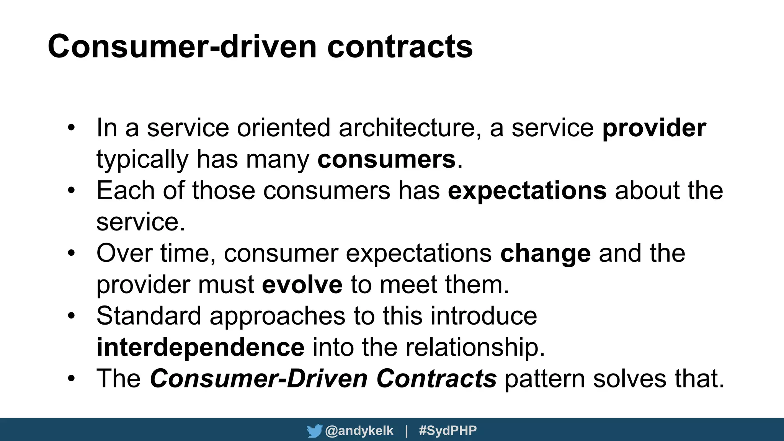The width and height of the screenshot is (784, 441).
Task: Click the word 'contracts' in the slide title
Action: pos(400,47)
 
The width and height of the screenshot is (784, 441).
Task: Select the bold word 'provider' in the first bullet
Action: pos(654,128)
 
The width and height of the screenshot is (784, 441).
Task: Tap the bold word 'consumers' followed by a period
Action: pos(386,159)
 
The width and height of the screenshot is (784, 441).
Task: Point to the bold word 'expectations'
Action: pos(527,191)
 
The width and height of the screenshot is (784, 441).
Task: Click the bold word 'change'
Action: pos(545,253)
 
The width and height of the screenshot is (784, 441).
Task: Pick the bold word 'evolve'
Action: pos(302,285)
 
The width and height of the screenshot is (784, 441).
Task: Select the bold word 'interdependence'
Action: pos(200,347)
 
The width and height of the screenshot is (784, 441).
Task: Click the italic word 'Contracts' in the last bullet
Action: pos(436,379)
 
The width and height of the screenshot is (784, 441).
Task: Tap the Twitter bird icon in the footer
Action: pos(314,431)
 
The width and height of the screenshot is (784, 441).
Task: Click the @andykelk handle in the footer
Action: pos(359,431)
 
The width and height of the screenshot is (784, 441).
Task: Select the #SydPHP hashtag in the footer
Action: pos(448,431)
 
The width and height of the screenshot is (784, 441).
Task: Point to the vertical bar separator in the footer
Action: pos(406,431)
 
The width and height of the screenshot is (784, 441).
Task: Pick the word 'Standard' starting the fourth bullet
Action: pos(149,316)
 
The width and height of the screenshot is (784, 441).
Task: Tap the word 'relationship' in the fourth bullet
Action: pos(474,347)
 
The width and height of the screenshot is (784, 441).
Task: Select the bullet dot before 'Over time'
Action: pos(71,253)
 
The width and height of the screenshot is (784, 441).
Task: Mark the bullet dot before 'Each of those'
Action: pos(71,191)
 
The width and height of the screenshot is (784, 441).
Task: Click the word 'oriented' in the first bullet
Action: pos(283,128)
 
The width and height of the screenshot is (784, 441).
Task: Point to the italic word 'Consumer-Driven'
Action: pos(259,379)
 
